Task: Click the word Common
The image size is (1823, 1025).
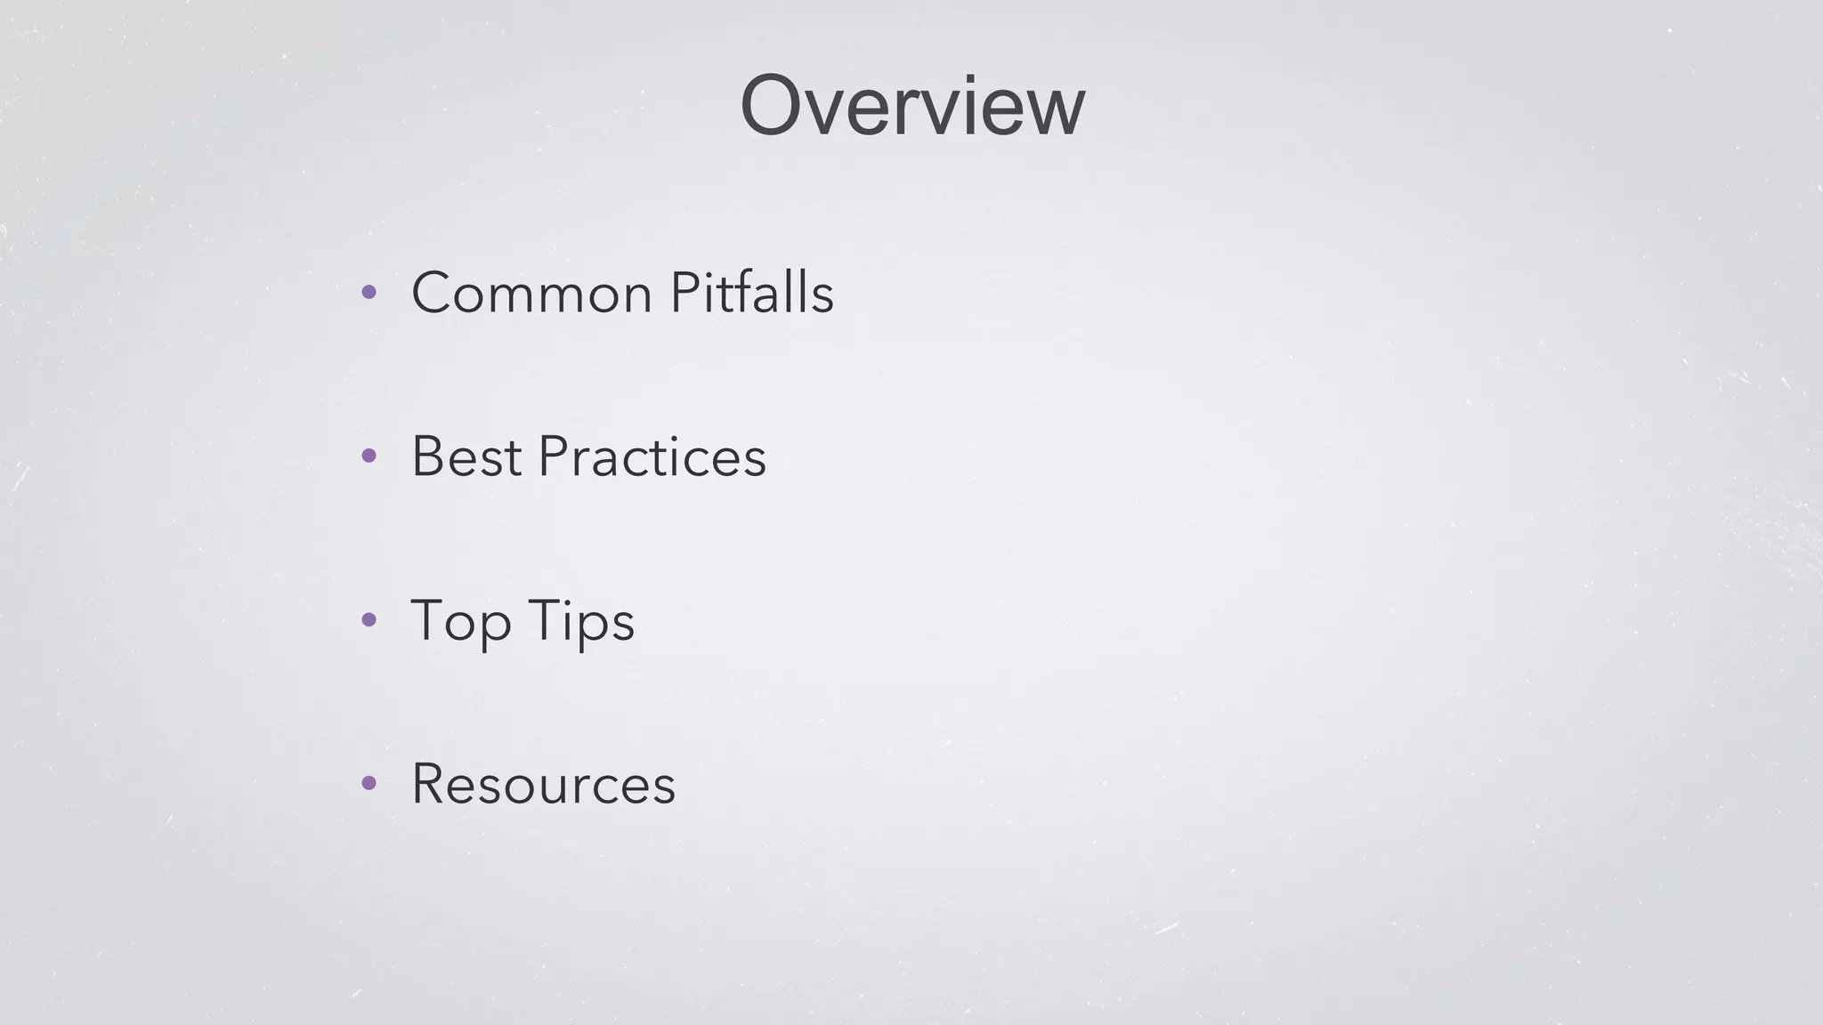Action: click(531, 293)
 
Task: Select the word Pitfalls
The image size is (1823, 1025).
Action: click(751, 293)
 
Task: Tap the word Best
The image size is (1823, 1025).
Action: click(466, 456)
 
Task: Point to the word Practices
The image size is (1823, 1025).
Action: click(652, 456)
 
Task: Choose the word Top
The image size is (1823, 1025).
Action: click(460, 621)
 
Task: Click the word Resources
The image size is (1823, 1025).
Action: click(543, 784)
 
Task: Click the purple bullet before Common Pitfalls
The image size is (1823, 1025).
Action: click(369, 292)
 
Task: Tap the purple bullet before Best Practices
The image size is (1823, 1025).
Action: click(369, 456)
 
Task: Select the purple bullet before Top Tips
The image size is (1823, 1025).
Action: click(369, 619)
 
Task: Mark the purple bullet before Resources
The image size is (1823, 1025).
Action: click(369, 783)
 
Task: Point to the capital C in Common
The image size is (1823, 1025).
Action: click(434, 293)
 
